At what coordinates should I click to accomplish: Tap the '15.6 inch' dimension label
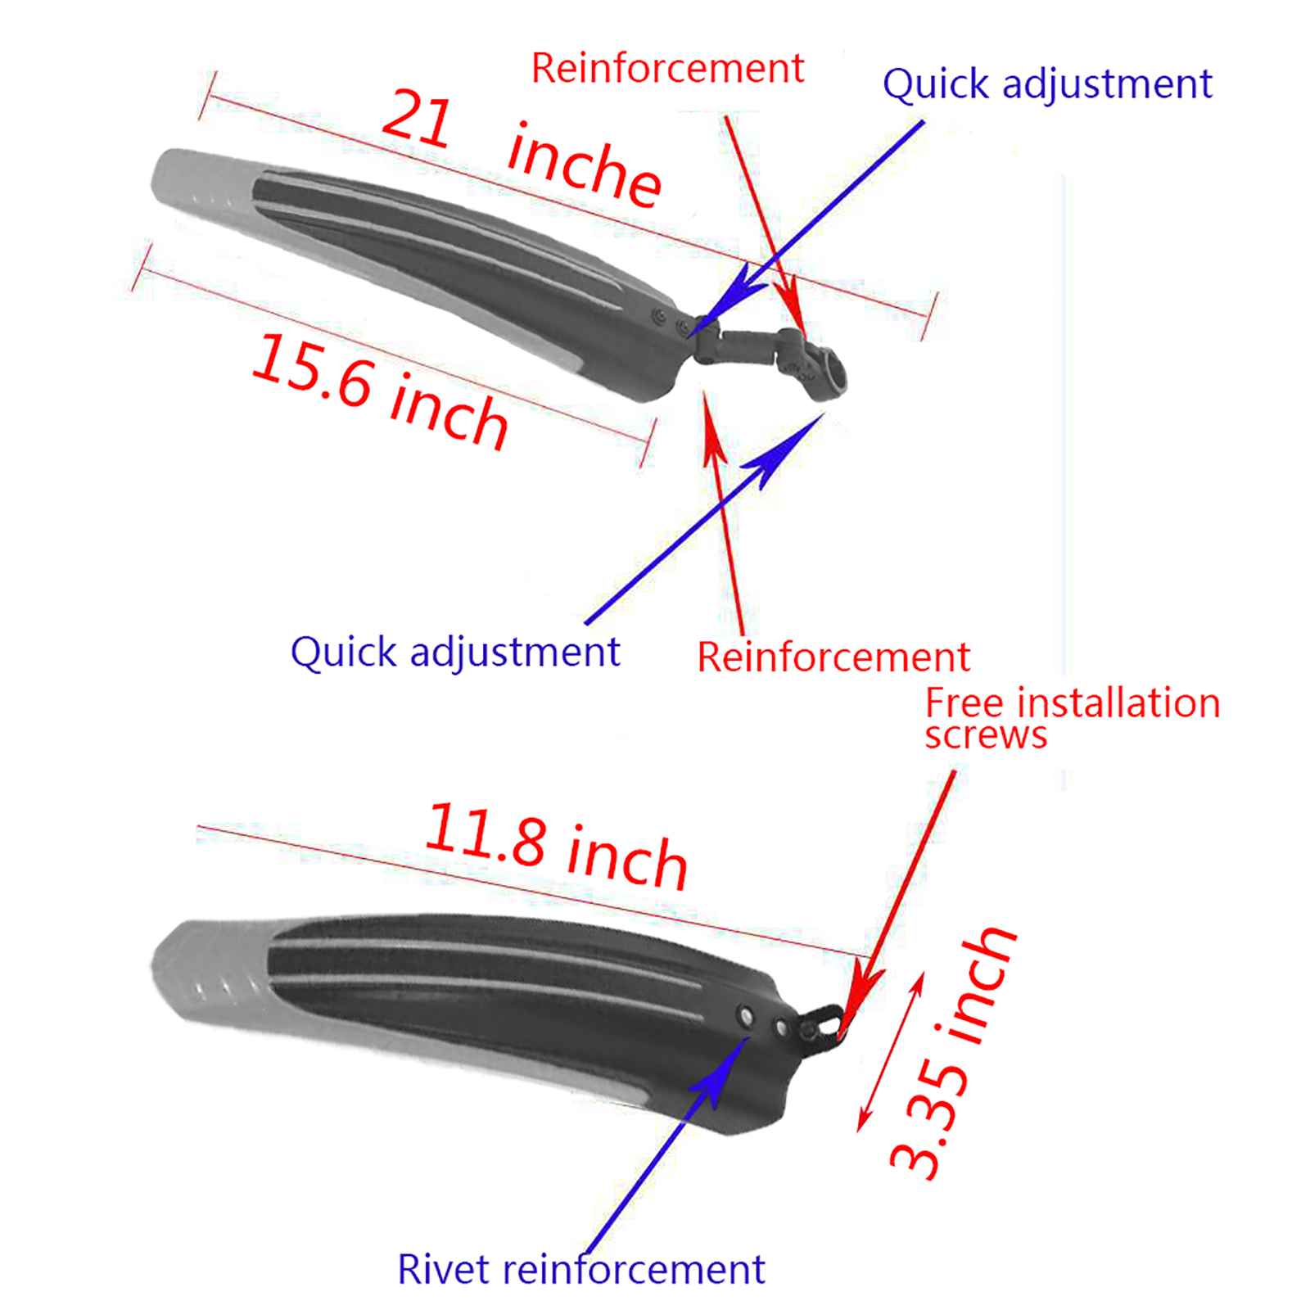coord(379,391)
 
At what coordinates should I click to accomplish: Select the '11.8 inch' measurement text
coord(557,847)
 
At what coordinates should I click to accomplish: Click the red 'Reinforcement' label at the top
coord(667,68)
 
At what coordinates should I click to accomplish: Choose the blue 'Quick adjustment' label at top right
coord(1046,84)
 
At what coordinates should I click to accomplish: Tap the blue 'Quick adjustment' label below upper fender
coord(455,653)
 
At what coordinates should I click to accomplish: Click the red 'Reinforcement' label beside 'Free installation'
coord(833,657)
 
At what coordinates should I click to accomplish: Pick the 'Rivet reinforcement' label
coord(580,1270)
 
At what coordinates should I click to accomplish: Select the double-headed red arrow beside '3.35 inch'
coord(891,1052)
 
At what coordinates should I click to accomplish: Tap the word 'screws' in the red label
coord(986,735)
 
